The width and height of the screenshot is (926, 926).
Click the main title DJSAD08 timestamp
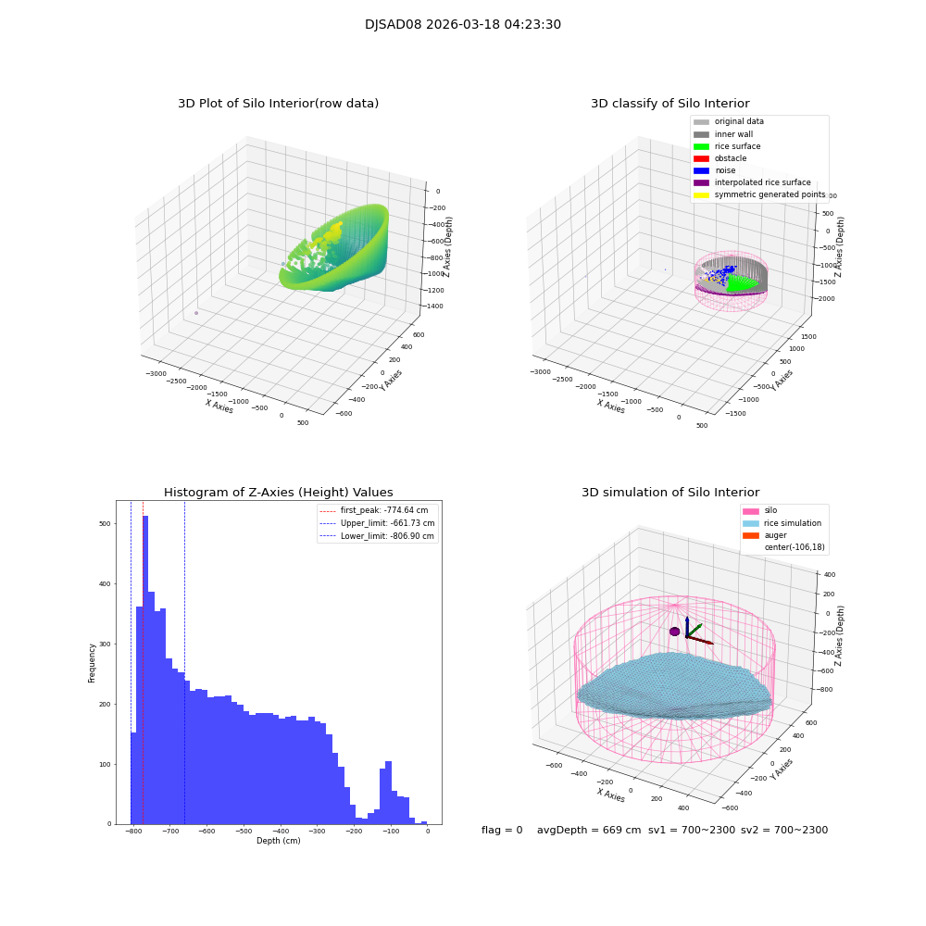click(x=462, y=25)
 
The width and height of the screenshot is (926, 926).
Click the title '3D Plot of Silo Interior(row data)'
click(x=278, y=104)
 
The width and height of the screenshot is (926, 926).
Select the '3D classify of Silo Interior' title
click(x=669, y=104)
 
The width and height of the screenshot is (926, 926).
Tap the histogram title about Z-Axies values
click(x=278, y=493)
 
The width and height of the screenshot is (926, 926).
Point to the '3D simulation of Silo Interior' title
click(x=669, y=493)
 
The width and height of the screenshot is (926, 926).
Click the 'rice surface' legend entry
click(x=737, y=146)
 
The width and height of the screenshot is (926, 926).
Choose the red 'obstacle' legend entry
click(x=730, y=158)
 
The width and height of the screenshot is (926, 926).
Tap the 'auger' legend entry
click(x=775, y=535)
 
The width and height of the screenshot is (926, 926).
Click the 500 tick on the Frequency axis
click(x=104, y=524)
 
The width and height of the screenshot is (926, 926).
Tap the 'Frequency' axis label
click(x=92, y=663)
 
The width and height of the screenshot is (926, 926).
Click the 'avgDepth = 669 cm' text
click(x=589, y=831)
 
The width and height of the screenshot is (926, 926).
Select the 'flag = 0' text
click(x=502, y=831)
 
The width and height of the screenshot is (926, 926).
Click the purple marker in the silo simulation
click(x=674, y=632)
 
